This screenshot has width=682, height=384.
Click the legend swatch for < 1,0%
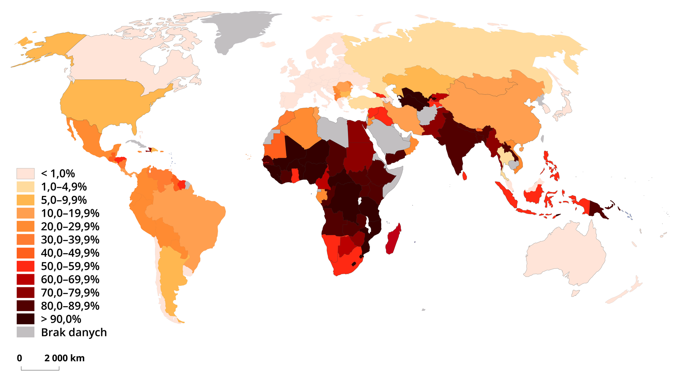(26, 174)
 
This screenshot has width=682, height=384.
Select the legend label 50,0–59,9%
(70, 266)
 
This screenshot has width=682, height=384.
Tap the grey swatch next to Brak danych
(26, 332)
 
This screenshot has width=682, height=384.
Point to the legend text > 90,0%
(61, 319)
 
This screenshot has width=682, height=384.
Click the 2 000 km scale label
(64, 358)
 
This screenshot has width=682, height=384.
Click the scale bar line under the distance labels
(40, 370)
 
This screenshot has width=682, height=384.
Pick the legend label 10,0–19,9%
(70, 213)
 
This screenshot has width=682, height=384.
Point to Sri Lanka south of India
(464, 176)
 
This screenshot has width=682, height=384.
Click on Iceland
(268, 44)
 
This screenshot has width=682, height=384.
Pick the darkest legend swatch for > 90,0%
(26, 319)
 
